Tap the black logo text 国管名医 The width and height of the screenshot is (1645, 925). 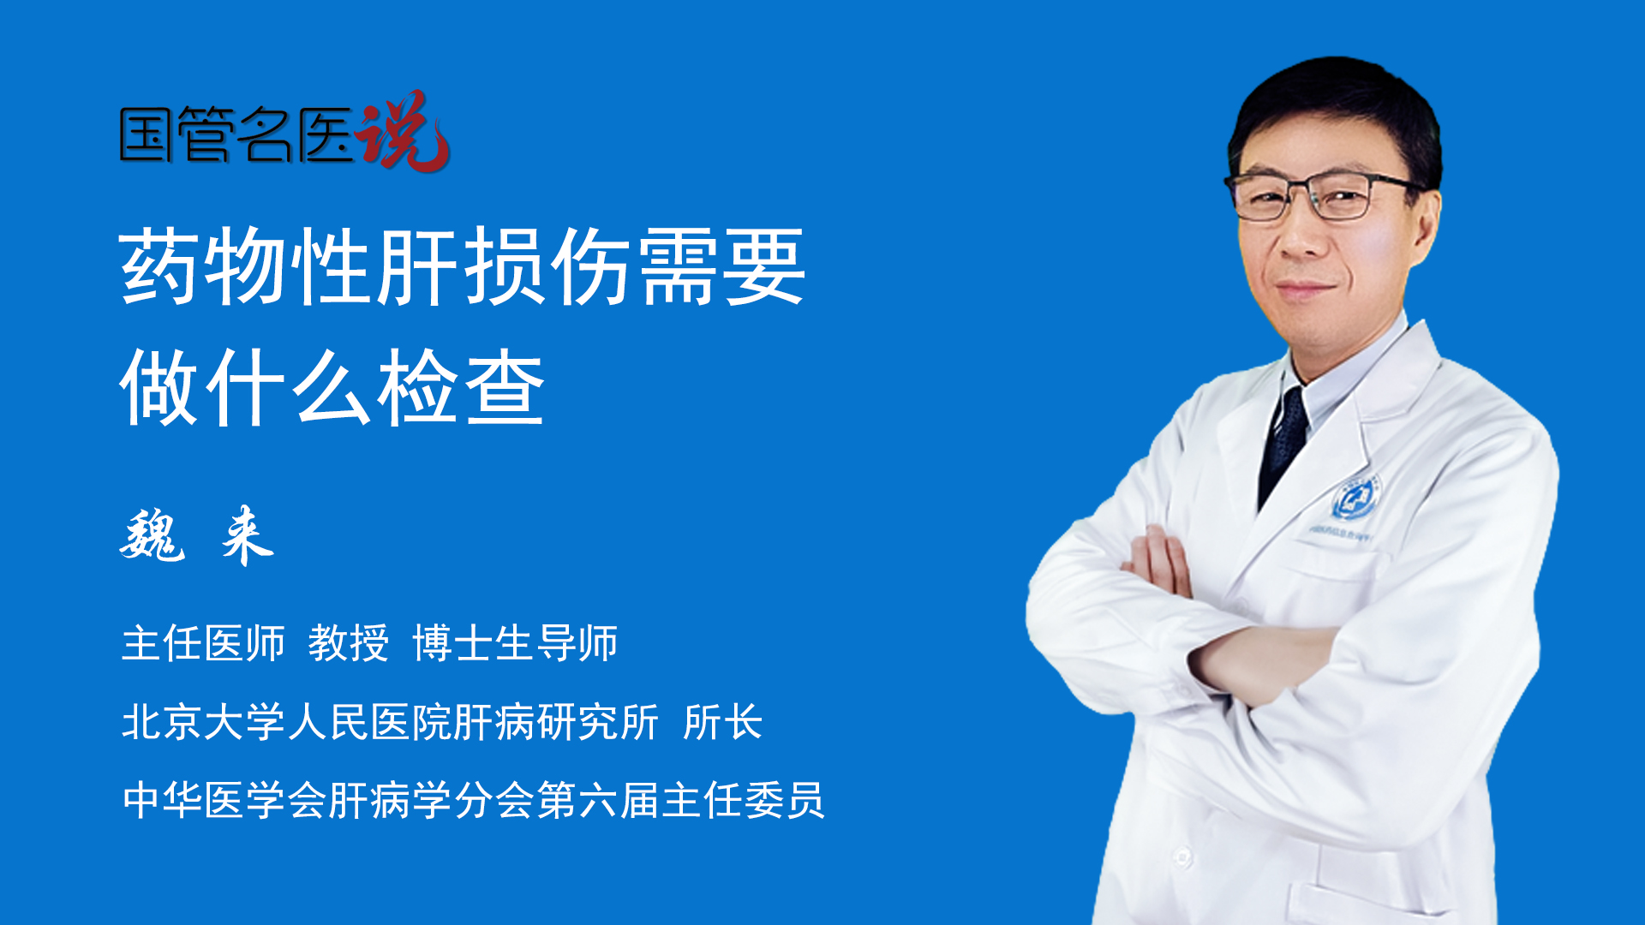pos(236,135)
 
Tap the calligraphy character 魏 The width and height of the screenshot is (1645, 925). pos(153,536)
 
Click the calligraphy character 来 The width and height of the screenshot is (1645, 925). pos(247,536)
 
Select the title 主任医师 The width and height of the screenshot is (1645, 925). pos(203,643)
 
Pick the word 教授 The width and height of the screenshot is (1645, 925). pos(349,643)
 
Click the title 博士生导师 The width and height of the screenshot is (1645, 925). pos(515,643)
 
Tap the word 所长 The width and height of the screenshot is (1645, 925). pos(723,722)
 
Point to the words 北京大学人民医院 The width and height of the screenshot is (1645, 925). pos(286,722)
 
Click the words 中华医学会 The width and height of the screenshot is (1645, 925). pos(224,801)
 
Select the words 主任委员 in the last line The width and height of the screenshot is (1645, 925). pos(744,801)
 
